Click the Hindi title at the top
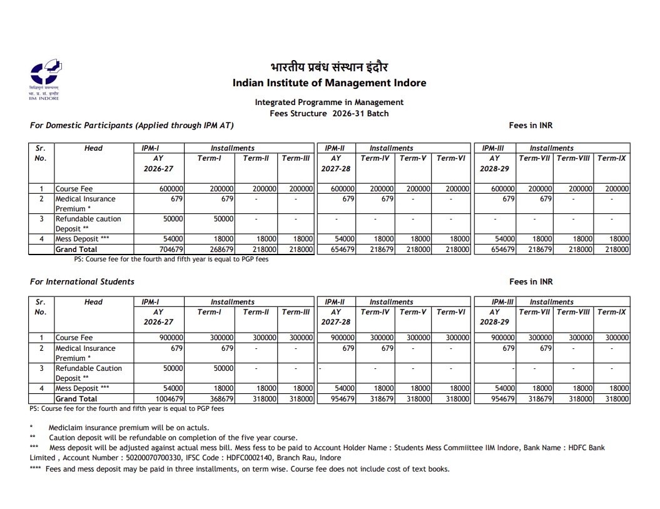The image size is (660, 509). (x=329, y=68)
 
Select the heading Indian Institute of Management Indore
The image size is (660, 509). (x=329, y=83)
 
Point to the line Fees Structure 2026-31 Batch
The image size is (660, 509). (x=329, y=113)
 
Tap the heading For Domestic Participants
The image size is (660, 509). (x=131, y=125)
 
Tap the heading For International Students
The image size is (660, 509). (x=82, y=281)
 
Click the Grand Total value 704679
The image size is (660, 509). (x=169, y=249)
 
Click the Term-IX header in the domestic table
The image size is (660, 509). (x=612, y=158)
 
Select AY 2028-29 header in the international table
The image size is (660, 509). (x=494, y=317)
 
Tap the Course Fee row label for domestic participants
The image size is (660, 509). (x=74, y=189)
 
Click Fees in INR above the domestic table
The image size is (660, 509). (x=531, y=125)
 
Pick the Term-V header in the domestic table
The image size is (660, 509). (x=413, y=158)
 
